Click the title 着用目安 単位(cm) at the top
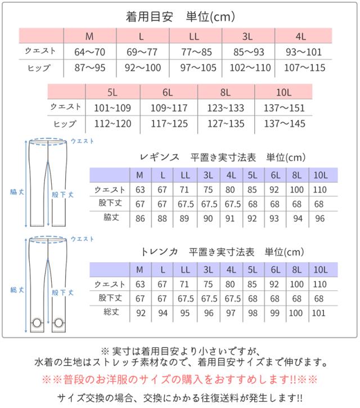pyautogui.click(x=179, y=17)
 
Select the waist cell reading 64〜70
pyautogui.click(x=89, y=52)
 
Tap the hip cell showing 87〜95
pyautogui.click(x=89, y=68)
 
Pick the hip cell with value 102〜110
pyautogui.click(x=246, y=68)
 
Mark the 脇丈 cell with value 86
pyautogui.click(x=140, y=218)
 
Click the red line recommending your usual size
pyautogui.click(x=179, y=379)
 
